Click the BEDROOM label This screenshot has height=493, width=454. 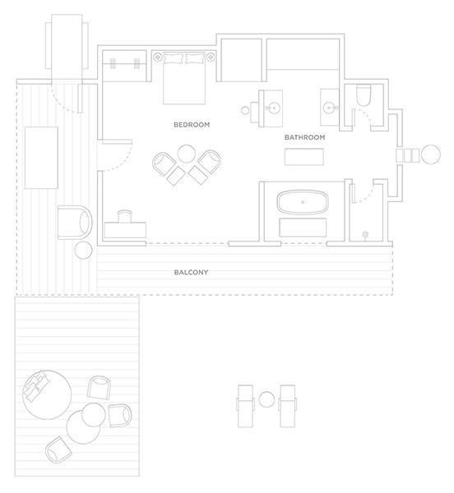tap(192, 125)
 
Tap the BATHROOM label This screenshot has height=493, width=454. tap(304, 137)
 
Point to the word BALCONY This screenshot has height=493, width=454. tap(191, 272)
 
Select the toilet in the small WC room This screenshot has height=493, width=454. tap(364, 95)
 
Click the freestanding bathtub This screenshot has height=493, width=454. tap(303, 202)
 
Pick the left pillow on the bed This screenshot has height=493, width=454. tap(174, 58)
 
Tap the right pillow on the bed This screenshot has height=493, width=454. tap(195, 58)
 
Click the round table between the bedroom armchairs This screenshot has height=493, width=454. tap(187, 154)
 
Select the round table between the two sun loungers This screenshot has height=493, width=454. tap(266, 399)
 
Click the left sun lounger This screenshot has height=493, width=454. tap(245, 406)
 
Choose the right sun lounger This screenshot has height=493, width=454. tap(287, 406)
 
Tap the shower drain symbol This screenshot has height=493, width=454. tap(365, 234)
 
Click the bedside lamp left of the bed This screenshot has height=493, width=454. tap(157, 58)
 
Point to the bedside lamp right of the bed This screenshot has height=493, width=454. tap(211, 58)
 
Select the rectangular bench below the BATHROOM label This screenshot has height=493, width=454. tap(304, 157)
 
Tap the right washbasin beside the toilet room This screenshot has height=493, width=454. tap(329, 108)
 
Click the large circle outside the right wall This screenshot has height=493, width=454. tap(431, 154)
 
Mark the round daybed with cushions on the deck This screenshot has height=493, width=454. tap(47, 395)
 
